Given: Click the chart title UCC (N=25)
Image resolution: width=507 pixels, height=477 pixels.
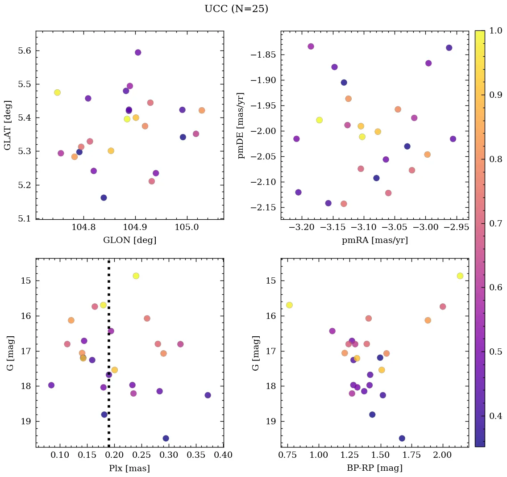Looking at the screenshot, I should (x=236, y=9).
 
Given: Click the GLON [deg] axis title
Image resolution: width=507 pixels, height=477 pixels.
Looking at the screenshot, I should (x=129, y=240).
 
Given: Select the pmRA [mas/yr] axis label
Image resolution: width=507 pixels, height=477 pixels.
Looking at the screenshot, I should (x=374, y=240).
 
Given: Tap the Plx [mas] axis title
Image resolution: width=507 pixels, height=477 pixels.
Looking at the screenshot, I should (x=129, y=468).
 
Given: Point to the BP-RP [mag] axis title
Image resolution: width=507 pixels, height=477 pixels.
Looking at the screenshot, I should (x=374, y=468).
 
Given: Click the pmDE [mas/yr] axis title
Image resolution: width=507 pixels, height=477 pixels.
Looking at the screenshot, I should (x=241, y=126).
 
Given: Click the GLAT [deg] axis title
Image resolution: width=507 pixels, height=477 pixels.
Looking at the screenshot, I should (x=8, y=126).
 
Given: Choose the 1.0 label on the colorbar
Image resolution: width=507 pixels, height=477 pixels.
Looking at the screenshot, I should (x=496, y=31).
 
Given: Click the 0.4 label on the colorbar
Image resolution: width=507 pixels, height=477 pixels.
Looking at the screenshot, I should (x=496, y=416).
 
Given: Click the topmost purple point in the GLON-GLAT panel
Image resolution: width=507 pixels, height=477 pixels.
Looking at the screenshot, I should (x=138, y=53).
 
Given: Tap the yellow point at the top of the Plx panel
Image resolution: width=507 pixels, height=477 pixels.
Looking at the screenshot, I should (x=136, y=276).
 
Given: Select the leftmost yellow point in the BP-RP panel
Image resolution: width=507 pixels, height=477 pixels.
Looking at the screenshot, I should (x=289, y=305).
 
